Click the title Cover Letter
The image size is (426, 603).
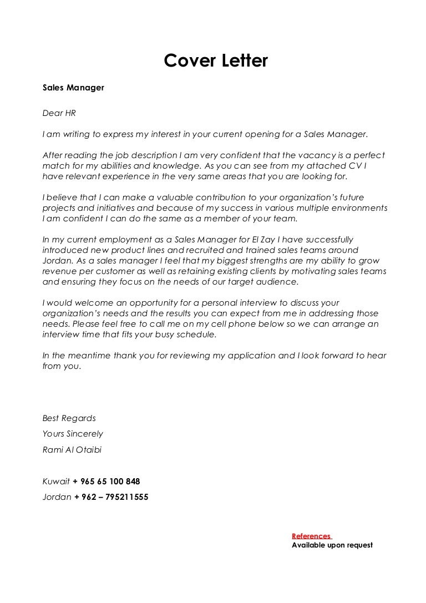point(216,61)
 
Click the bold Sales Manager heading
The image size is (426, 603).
point(73,88)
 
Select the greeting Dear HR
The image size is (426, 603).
point(59,113)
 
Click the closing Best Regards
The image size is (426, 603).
point(69,418)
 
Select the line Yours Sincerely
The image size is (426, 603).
point(73,434)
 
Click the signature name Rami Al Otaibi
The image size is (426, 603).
point(72,450)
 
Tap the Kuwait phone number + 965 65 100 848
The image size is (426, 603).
point(106,482)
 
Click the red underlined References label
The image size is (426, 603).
point(311,536)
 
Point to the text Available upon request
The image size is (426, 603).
point(332,545)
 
